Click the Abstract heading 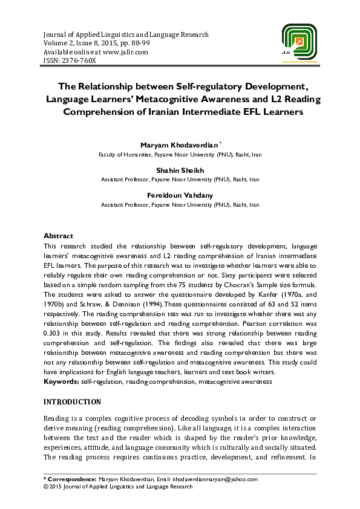click(58, 236)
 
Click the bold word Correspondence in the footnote click(71, 479)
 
